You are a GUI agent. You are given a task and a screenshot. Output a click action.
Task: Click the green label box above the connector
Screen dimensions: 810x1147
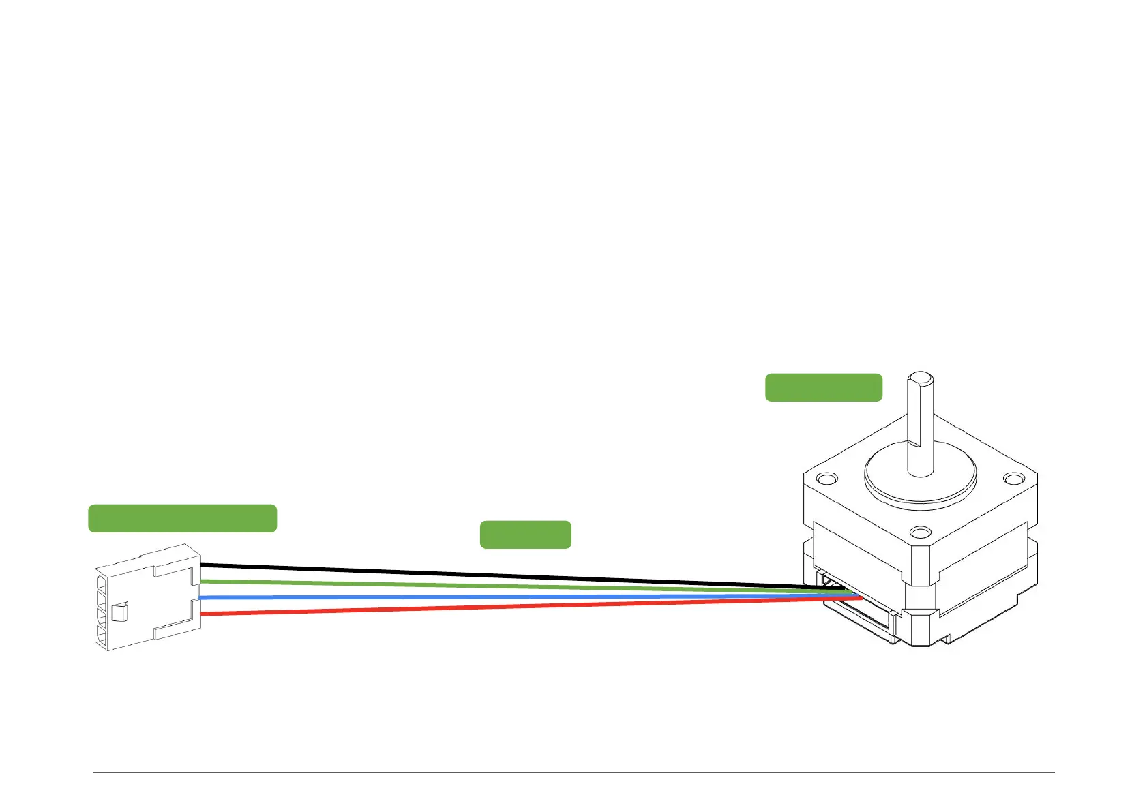182,518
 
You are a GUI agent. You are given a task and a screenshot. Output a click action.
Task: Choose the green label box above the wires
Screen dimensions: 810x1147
525,535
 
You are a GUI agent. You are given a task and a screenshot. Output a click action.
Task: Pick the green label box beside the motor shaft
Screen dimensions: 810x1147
823,387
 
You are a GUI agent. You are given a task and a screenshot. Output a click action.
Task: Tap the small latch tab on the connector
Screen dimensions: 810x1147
119,612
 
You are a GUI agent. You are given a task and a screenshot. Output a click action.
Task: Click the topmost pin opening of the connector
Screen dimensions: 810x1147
101,584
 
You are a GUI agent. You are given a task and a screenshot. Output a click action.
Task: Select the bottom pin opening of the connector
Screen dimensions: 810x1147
101,639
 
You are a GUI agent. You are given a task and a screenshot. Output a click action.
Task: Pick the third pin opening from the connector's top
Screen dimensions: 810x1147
101,620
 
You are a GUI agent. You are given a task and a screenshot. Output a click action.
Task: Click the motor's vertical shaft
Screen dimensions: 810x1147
920,430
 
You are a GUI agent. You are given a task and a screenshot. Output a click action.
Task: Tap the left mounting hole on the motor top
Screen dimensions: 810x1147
826,478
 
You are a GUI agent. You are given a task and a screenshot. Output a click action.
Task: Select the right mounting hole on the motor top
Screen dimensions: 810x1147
1014,479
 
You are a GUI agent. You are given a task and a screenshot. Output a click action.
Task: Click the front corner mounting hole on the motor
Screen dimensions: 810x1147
921,531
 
